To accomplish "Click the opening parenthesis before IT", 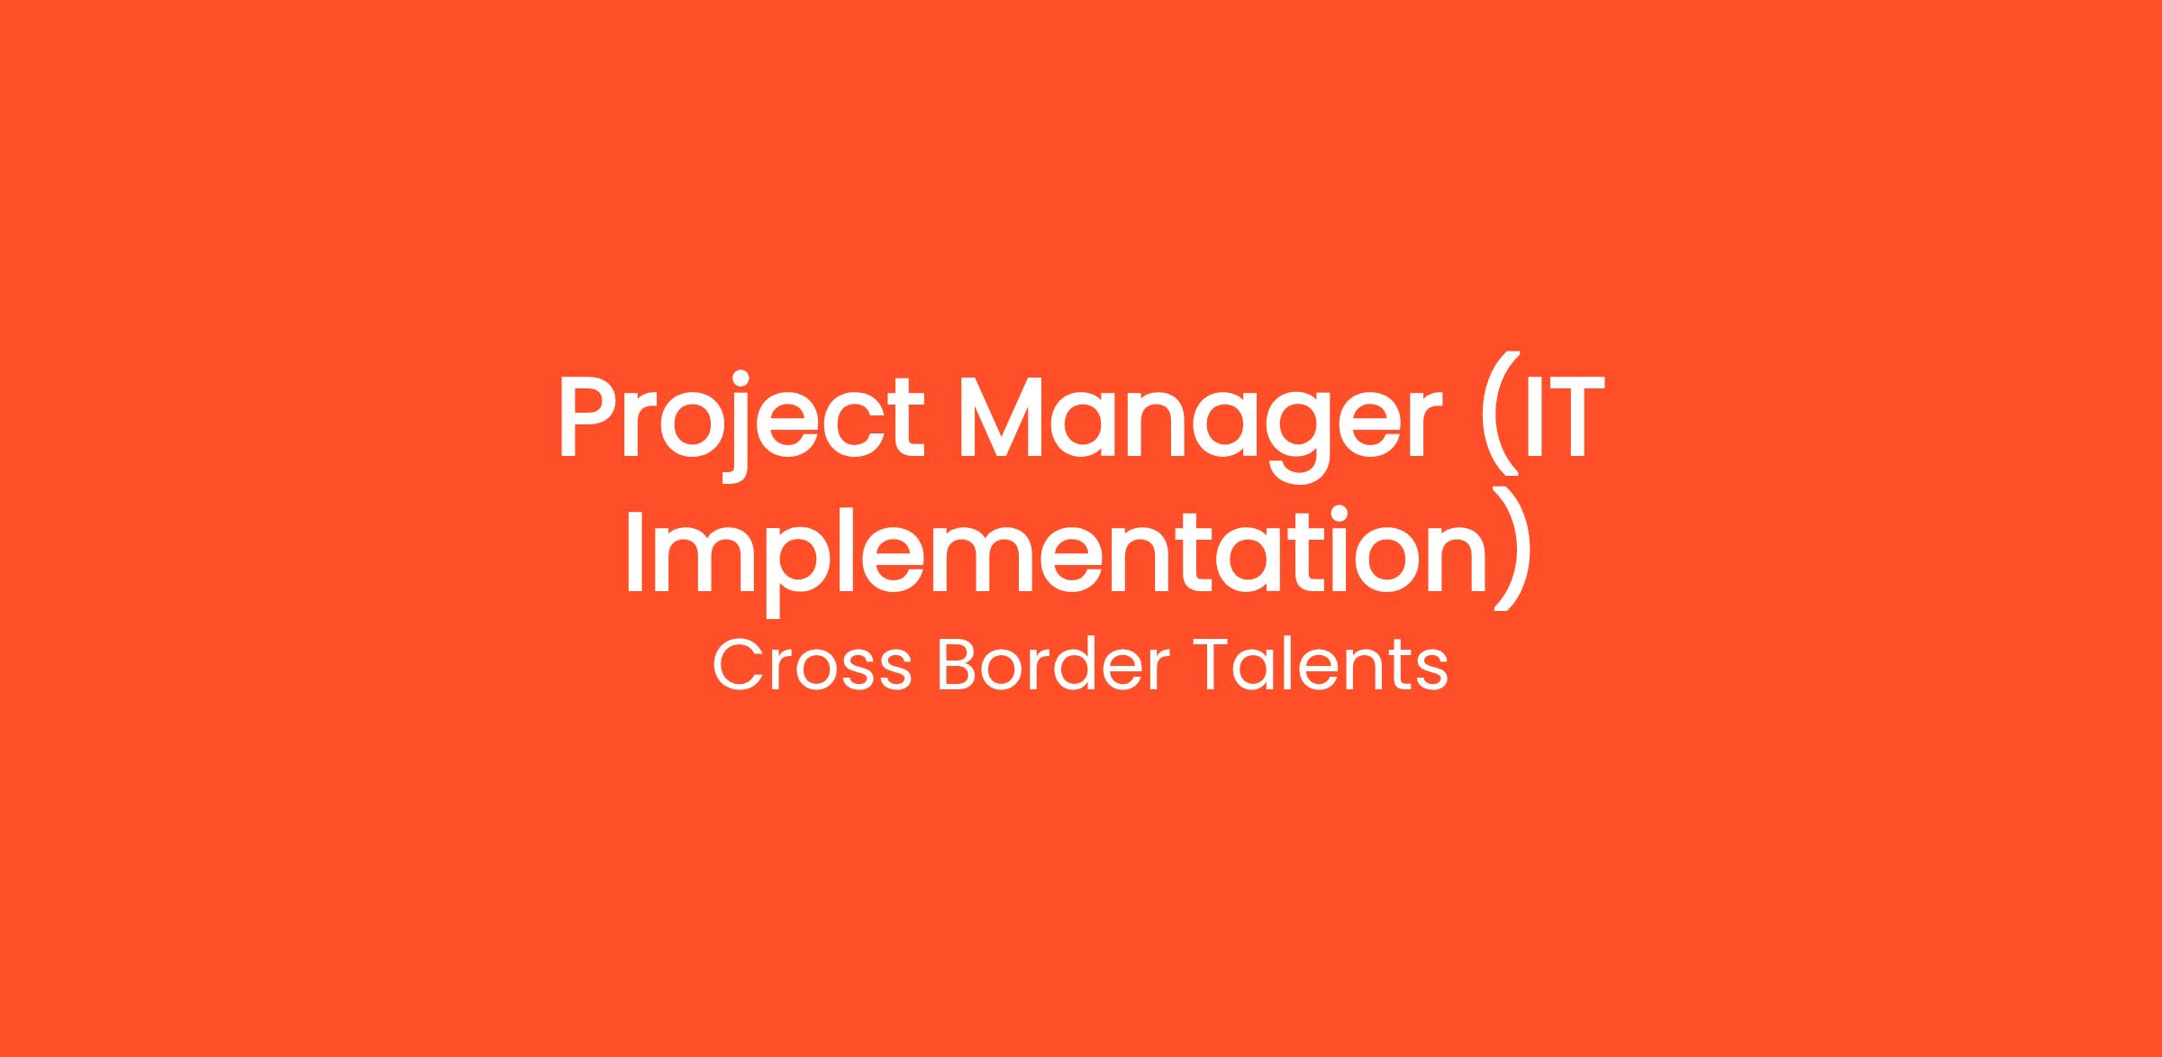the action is (x=1497, y=414).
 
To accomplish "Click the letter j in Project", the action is (x=736, y=429).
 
